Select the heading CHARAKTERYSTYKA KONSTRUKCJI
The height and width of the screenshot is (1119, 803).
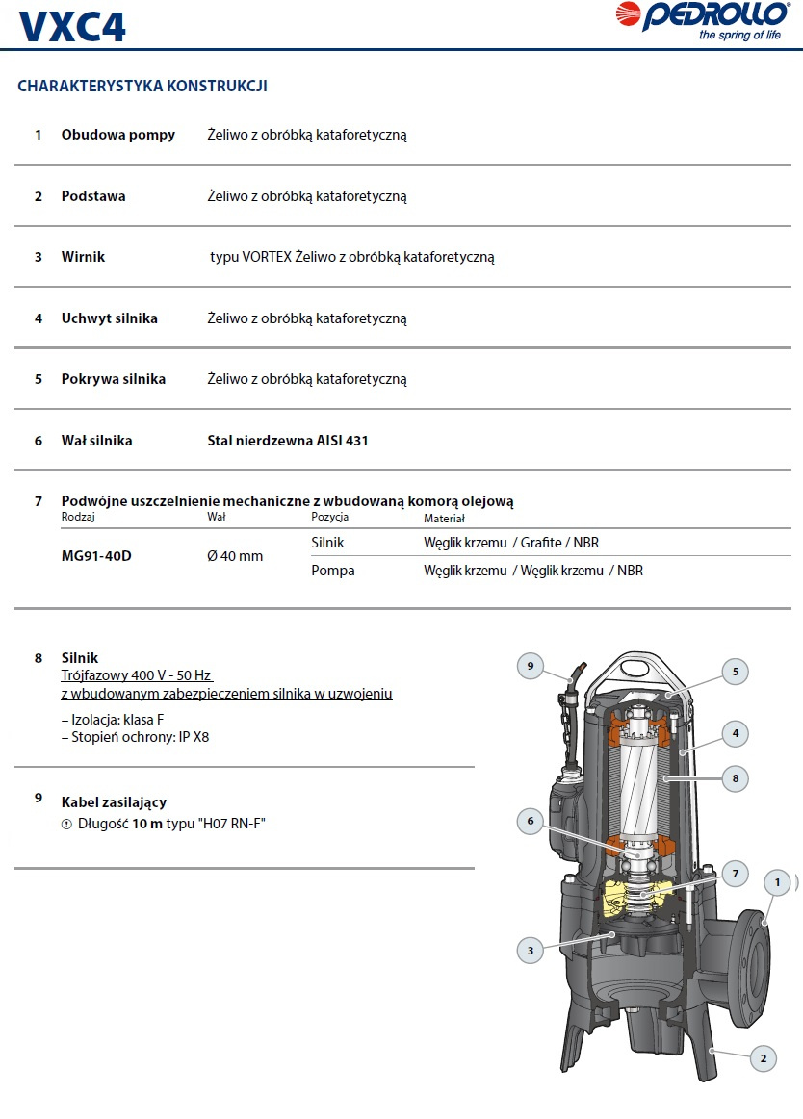[x=142, y=87]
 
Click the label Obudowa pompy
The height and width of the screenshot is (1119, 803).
[x=118, y=135]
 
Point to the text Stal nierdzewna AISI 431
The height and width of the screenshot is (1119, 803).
[x=288, y=441]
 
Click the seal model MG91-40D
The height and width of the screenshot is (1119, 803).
[x=96, y=556]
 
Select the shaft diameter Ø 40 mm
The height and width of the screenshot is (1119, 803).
[x=235, y=556]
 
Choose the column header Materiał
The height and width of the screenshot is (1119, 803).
[x=444, y=519]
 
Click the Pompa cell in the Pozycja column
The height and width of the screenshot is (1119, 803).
[x=333, y=571]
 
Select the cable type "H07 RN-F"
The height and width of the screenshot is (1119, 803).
[x=230, y=824]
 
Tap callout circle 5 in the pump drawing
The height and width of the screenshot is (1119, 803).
[x=735, y=673]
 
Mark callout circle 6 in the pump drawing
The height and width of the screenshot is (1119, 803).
[x=530, y=821]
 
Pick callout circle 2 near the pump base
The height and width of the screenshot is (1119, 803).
[x=763, y=1059]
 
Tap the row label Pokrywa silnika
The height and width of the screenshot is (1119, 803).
[x=114, y=379]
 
